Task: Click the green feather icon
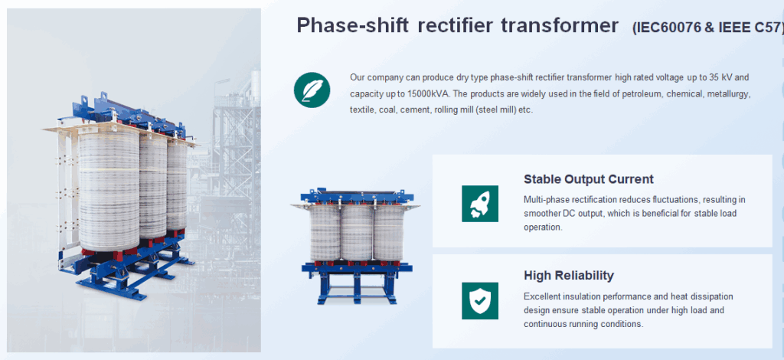[312, 90]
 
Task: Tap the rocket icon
[480, 204]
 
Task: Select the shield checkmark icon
[480, 300]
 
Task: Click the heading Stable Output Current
[589, 179]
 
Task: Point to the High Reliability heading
[569, 276]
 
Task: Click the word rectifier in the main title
[455, 25]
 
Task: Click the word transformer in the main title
[560, 25]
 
